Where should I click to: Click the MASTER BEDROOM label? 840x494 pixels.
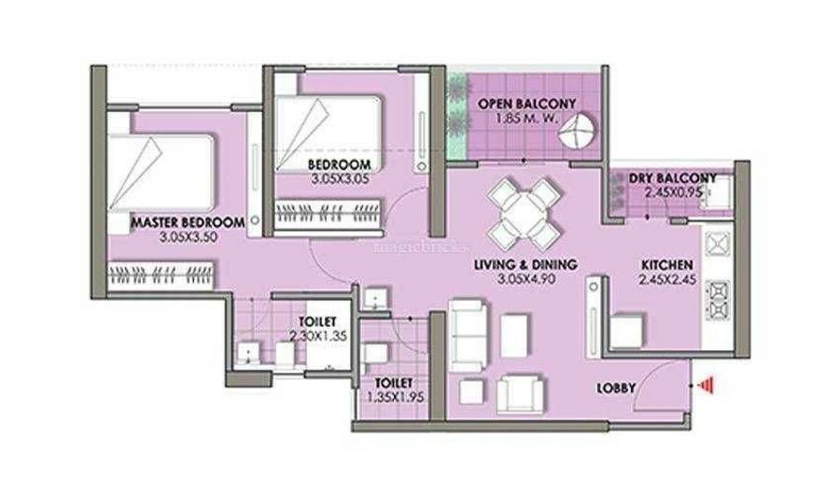pos(188,222)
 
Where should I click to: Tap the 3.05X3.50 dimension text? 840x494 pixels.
pos(188,237)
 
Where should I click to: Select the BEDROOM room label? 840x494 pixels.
pos(339,164)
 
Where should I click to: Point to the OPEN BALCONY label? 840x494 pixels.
pos(526,104)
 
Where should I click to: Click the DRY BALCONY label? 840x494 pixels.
pos(672,177)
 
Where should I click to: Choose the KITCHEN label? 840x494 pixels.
pos(667,265)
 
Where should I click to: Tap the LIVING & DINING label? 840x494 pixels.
pos(525,264)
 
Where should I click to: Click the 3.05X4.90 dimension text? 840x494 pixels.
pos(525,279)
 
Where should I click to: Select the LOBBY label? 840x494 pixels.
pos(616,388)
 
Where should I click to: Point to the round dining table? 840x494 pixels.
pos(525,210)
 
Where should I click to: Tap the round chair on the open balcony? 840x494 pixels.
pos(577,131)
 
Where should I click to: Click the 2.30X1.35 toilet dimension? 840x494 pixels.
pos(318,336)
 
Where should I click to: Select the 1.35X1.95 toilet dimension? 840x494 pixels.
pos(395,398)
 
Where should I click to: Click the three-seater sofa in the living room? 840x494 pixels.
pos(469,335)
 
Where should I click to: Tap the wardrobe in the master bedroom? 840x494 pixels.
pos(162,275)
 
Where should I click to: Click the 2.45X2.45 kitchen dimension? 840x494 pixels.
pos(667,279)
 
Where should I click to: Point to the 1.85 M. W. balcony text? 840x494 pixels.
pos(527,118)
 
